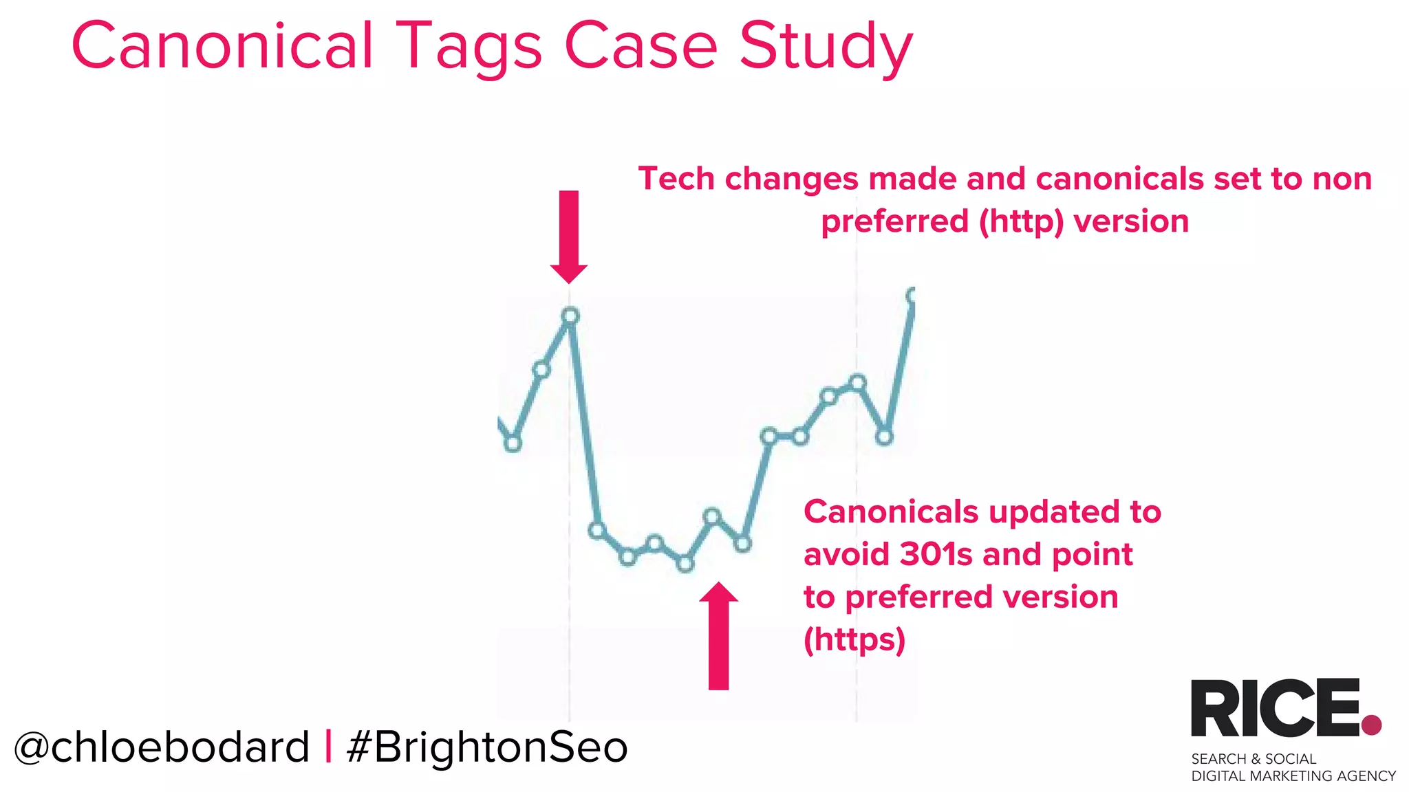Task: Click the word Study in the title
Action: pyautogui.click(x=826, y=47)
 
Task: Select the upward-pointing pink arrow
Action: pyautogui.click(x=718, y=636)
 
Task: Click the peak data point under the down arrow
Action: pyautogui.click(x=570, y=316)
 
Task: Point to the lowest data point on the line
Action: pyautogui.click(x=685, y=564)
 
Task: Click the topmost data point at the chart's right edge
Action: pyautogui.click(x=912, y=296)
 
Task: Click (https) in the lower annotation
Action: pyautogui.click(x=854, y=640)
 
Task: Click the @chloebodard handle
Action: pyautogui.click(x=162, y=747)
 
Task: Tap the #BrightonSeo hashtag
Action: pyautogui.click(x=487, y=747)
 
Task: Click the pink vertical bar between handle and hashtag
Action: pyautogui.click(x=328, y=747)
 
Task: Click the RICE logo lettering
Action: pyautogui.click(x=1274, y=708)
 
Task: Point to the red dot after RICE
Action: pyautogui.click(x=1371, y=725)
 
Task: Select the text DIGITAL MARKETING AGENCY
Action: pyautogui.click(x=1293, y=776)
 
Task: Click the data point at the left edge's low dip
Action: pyautogui.click(x=513, y=443)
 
